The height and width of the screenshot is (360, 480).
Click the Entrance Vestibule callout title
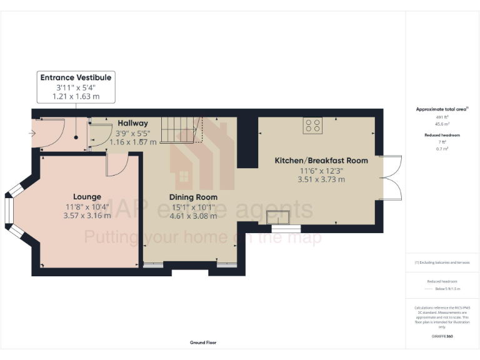pyautogui.click(x=76, y=77)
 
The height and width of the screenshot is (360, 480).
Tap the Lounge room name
pyautogui.click(x=86, y=197)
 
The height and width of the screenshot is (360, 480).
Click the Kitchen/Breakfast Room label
pyautogui.click(x=321, y=161)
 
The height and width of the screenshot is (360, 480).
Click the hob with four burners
pyautogui.click(x=312, y=125)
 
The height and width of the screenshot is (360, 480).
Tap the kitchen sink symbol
pyautogui.click(x=277, y=217)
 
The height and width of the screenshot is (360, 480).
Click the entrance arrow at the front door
pyautogui.click(x=33, y=133)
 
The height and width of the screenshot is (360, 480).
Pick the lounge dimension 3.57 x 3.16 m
pyautogui.click(x=87, y=216)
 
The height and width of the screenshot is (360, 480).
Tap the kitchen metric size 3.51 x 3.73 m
pyautogui.click(x=321, y=179)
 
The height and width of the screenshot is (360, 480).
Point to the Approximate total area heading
pyautogui.click(x=442, y=109)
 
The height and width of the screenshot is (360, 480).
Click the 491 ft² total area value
pyautogui.click(x=442, y=117)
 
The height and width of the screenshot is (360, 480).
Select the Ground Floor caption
pyautogui.click(x=203, y=342)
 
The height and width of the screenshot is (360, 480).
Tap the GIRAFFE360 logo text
pyautogui.click(x=442, y=337)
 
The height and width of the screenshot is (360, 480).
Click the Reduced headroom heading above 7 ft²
pyautogui.click(x=442, y=135)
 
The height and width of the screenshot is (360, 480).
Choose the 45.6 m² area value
pyautogui.click(x=442, y=123)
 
